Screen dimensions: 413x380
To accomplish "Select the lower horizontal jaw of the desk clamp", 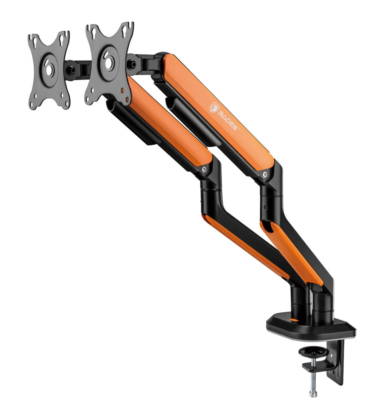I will pyautogui.click(x=317, y=368).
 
